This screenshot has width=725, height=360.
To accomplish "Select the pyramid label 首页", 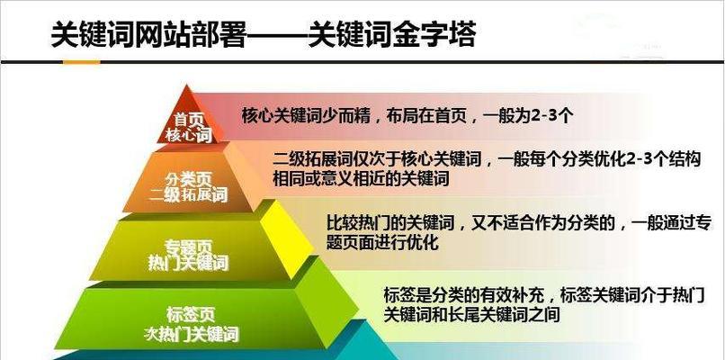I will tap(187, 119).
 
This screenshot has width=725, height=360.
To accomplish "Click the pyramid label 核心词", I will tap(187, 135).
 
